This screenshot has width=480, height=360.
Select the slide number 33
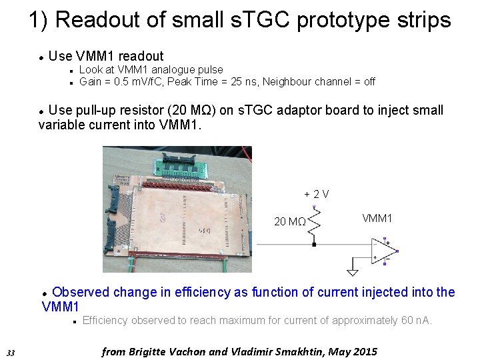tap(10, 352)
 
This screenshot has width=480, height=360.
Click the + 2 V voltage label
tap(316, 194)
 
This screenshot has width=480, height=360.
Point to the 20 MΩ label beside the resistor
tap(290, 221)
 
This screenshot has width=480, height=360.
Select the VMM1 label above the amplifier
tap(377, 219)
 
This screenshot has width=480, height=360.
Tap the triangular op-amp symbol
tap(384, 253)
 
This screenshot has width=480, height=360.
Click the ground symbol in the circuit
tap(352, 271)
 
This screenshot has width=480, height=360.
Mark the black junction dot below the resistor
tap(315, 245)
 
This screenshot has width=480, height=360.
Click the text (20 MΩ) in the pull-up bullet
tap(193, 111)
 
